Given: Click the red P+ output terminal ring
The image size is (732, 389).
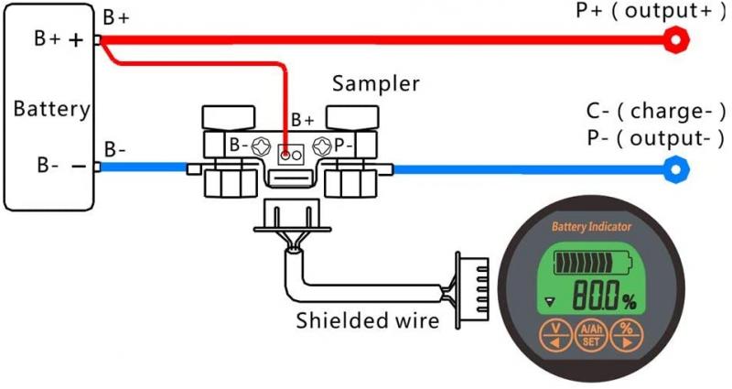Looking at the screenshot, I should pos(675,39).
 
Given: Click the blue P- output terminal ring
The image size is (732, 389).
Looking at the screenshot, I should pos(675,168).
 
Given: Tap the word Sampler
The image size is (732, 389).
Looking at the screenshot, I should pos(375,84).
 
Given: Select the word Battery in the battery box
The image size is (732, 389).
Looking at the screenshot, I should pos(51,110).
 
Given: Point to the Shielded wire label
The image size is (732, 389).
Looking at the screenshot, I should pos(367,321).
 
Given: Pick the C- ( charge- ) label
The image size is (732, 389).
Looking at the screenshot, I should pos(655,113).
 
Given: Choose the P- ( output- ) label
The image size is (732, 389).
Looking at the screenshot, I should pos(655,138).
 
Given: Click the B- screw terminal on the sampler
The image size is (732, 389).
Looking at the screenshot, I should pos(260,146).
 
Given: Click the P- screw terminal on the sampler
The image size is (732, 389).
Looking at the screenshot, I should pos(321,146).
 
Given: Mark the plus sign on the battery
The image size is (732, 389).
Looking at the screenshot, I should pos(75,40).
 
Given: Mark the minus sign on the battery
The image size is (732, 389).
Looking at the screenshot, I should pos(77,167).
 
